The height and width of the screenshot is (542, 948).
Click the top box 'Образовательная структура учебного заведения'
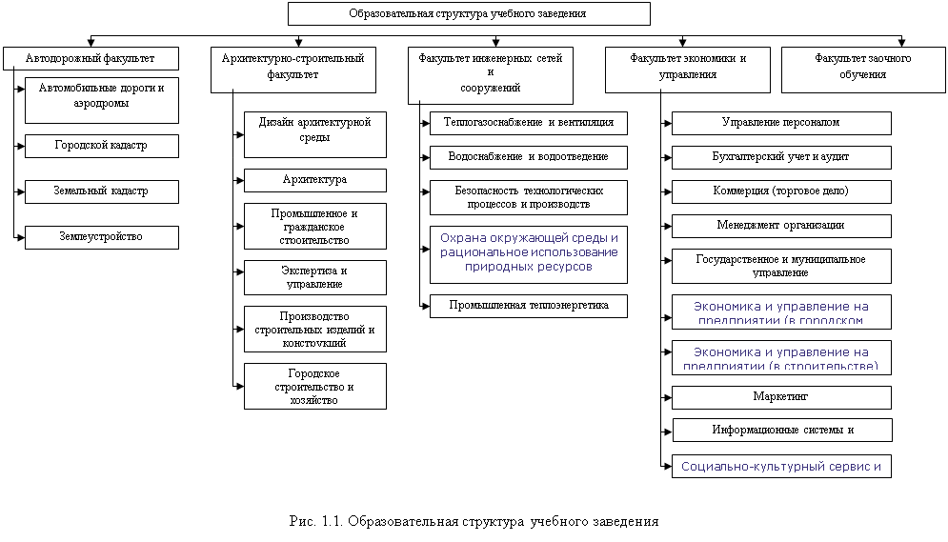[x=469, y=13]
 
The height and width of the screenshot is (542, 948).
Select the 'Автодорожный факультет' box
[x=91, y=59]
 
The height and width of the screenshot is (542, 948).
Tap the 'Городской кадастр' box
[x=101, y=147]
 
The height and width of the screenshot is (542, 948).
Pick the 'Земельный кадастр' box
[x=101, y=191]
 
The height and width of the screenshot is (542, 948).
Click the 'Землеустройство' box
[x=101, y=236]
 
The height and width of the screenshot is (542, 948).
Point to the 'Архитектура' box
[x=314, y=180]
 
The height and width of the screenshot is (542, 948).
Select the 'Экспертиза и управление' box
[x=314, y=277]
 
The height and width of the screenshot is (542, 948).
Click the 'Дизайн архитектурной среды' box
[x=314, y=134]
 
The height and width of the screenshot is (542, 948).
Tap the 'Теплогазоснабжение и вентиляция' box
[x=528, y=123]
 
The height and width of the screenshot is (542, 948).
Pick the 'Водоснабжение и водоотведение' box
[x=528, y=157]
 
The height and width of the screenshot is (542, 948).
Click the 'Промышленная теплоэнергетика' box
[x=528, y=306]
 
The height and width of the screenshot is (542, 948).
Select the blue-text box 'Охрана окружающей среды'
[x=528, y=253]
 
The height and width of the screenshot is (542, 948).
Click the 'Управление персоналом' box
[x=780, y=123]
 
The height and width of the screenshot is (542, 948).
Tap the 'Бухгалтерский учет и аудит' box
[x=780, y=156]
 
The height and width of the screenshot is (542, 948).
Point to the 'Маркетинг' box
[x=780, y=396]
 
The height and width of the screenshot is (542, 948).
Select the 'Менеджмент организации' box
[x=780, y=226]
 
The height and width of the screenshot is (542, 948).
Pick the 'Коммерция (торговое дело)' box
[x=780, y=191]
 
